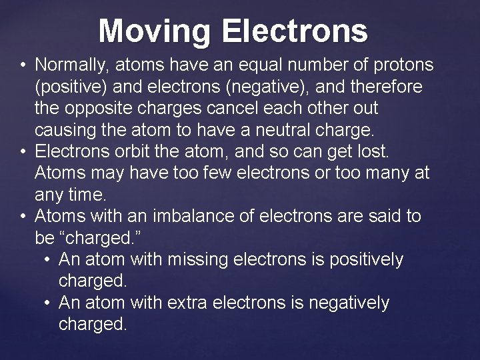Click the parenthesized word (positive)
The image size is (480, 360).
[x=72, y=87]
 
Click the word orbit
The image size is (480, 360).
[x=133, y=152]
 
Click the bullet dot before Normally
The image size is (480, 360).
[x=23, y=65]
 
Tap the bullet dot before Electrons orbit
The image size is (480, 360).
[x=23, y=152]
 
